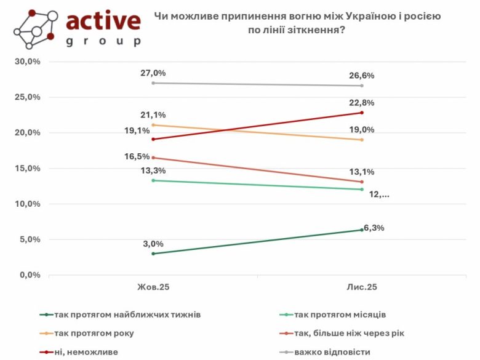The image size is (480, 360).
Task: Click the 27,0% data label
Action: pyautogui.click(x=153, y=73)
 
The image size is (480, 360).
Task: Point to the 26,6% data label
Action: pyautogui.click(x=362, y=76)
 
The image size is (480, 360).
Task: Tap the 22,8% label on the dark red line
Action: pyautogui.click(x=362, y=103)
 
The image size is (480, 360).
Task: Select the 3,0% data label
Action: pyautogui.click(x=153, y=243)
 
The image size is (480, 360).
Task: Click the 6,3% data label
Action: pyautogui.click(x=374, y=228)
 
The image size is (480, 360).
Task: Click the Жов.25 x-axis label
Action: pyautogui.click(x=153, y=287)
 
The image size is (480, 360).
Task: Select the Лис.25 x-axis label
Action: pyautogui.click(x=362, y=287)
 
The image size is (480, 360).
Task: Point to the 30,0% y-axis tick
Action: pyautogui.click(x=27, y=62)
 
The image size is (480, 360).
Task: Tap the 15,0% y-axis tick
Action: pyautogui.click(x=27, y=168)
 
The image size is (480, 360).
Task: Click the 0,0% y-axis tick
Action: pyautogui.click(x=29, y=274)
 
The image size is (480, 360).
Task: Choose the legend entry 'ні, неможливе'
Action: pyautogui.click(x=86, y=351)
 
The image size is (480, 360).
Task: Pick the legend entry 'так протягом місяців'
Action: pyautogui.click(x=340, y=314)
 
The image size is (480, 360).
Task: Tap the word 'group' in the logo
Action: pyautogui.click(x=103, y=42)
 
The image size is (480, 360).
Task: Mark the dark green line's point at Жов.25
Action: pyautogui.click(x=153, y=254)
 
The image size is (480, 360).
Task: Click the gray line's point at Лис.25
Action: pyautogui.click(x=362, y=86)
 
